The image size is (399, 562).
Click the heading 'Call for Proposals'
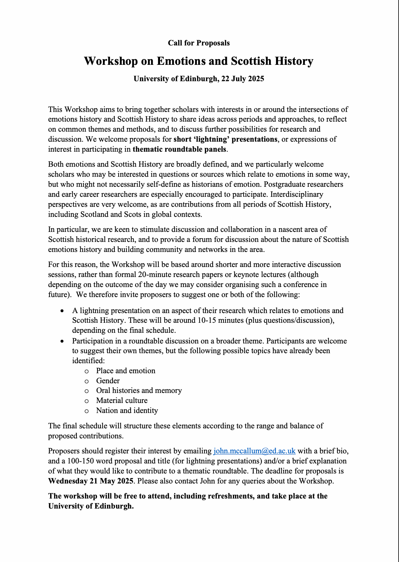(x=199, y=43)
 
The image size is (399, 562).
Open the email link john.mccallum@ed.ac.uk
(x=254, y=451)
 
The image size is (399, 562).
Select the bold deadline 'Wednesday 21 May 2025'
(x=91, y=481)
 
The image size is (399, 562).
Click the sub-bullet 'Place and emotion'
(x=126, y=371)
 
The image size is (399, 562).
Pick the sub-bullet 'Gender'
(x=108, y=381)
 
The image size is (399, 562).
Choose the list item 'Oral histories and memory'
(x=139, y=391)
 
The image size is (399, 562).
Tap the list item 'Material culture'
(x=122, y=401)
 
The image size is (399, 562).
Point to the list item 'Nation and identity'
(x=127, y=411)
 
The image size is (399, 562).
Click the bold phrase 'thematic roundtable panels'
(x=179, y=149)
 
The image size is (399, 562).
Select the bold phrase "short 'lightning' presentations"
(x=225, y=139)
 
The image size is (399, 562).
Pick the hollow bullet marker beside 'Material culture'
(x=87, y=401)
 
